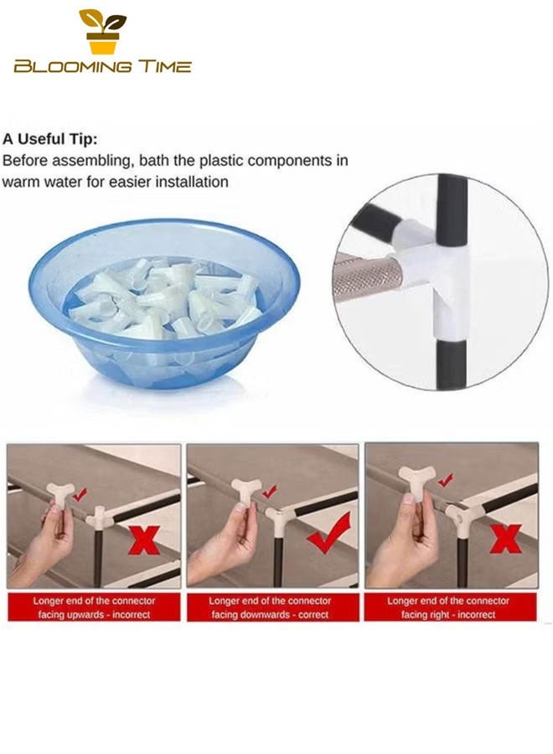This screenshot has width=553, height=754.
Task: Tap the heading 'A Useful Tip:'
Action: point(50,139)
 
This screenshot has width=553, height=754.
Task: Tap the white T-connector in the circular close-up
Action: point(435,274)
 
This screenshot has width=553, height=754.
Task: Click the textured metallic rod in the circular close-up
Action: point(367,277)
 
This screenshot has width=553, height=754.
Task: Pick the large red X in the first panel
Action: point(144,540)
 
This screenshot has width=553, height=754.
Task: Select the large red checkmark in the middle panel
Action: point(329,535)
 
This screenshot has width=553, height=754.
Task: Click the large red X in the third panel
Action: point(505,538)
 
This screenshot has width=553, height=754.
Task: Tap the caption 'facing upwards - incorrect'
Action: point(94,615)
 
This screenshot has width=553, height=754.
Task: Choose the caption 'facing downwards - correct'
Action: point(271,615)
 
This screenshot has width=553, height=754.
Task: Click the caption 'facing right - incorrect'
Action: point(448,615)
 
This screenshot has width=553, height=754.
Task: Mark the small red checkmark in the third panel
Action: point(447,479)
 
